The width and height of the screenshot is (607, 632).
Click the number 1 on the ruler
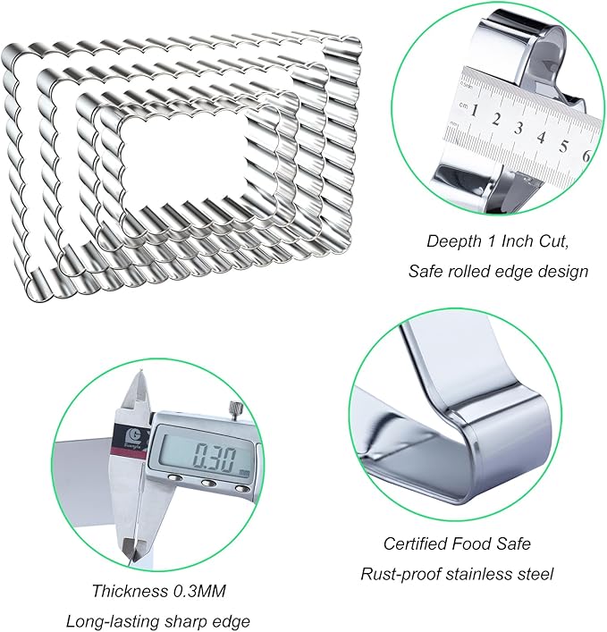click(475, 110)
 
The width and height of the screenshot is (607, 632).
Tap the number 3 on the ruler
click(518, 128)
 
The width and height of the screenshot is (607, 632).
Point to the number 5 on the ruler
click(564, 147)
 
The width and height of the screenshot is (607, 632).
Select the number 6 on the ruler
click(586, 156)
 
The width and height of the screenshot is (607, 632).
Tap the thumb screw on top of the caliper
click(234, 410)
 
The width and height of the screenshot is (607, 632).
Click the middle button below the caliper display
click(208, 483)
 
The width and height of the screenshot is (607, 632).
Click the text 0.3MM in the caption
click(199, 591)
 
